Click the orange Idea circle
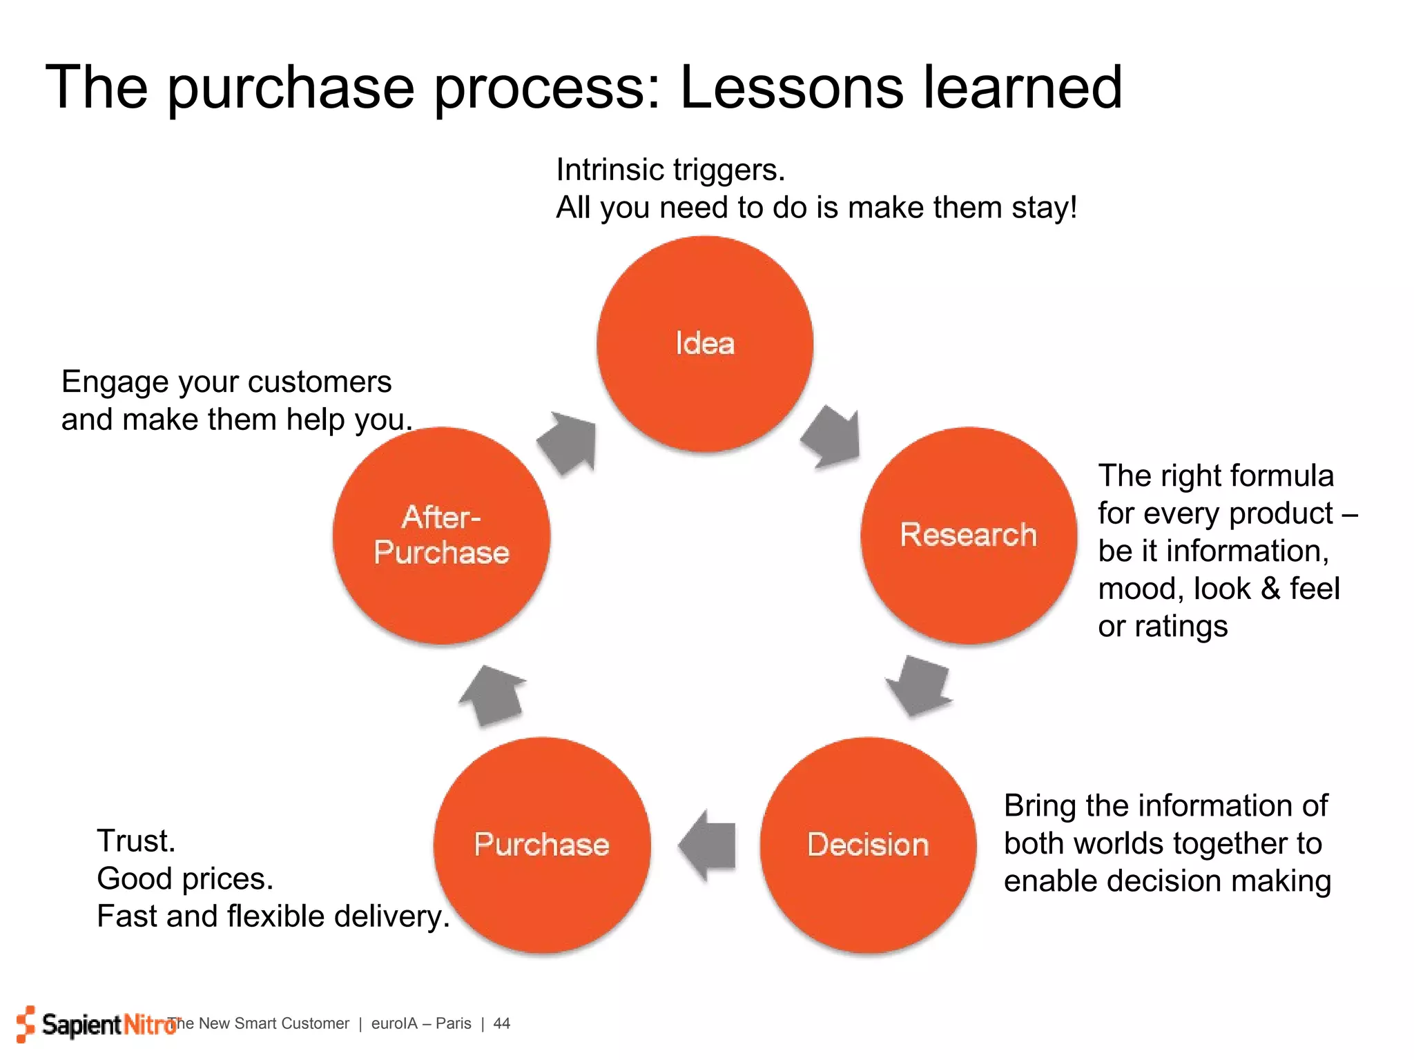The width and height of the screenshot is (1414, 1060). (x=705, y=344)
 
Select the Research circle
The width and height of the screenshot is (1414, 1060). (x=969, y=536)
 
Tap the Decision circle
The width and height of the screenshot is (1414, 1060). (x=868, y=845)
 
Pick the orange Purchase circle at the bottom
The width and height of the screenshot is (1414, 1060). (x=542, y=845)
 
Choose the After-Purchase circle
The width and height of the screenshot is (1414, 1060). (x=441, y=536)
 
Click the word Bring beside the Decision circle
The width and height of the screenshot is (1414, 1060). (x=1040, y=806)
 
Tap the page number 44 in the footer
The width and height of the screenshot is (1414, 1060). (x=502, y=1023)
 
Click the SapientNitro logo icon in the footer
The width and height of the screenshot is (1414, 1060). (x=26, y=1023)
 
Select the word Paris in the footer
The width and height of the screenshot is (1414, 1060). (x=454, y=1023)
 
